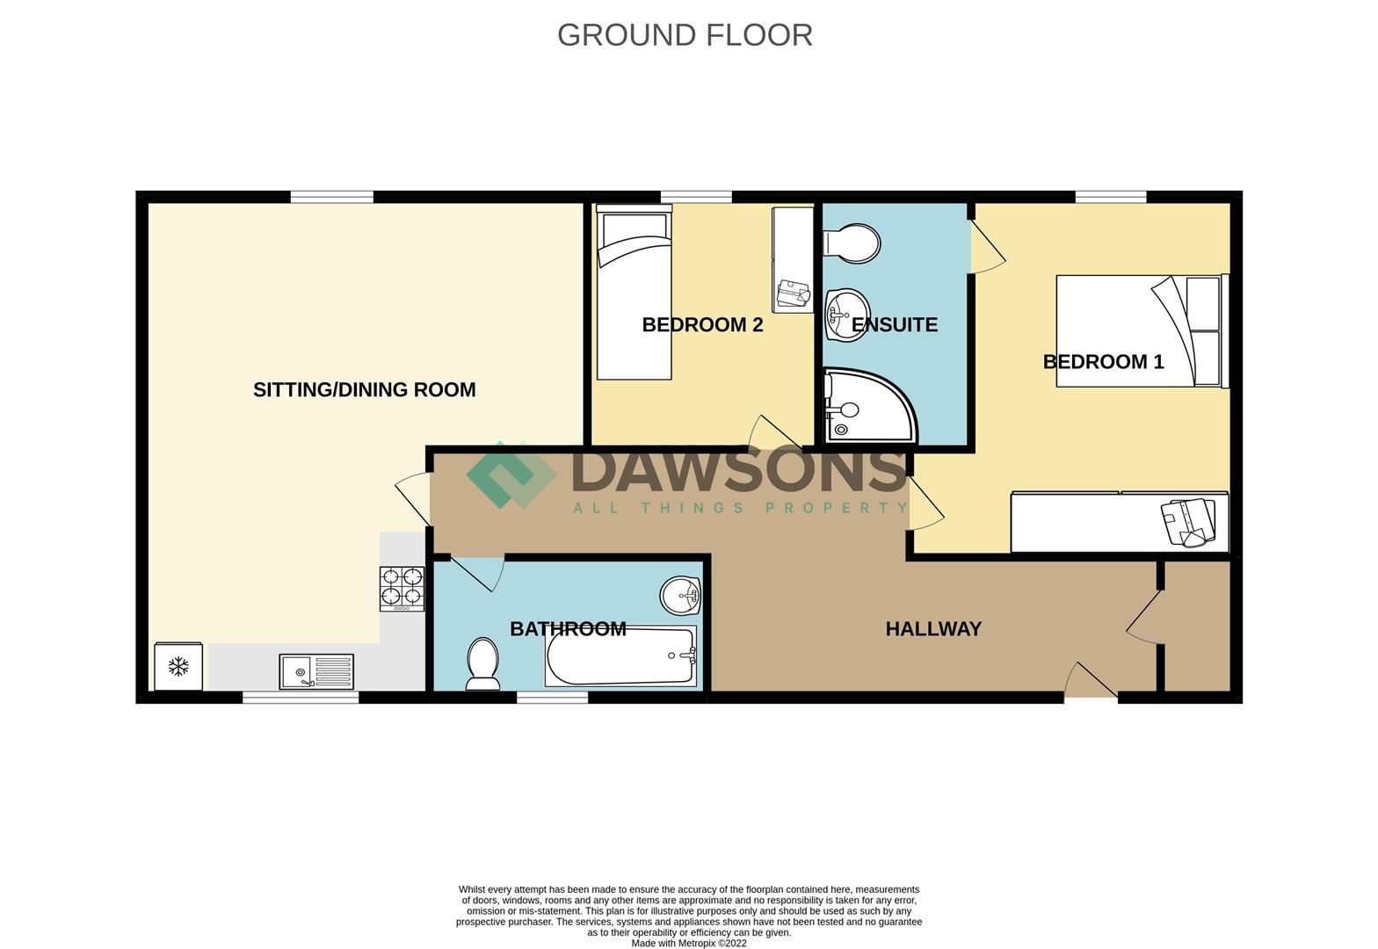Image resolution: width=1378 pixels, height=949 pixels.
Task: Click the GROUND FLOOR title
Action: tap(685, 35)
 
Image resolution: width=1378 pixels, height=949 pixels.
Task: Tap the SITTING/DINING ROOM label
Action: tap(364, 389)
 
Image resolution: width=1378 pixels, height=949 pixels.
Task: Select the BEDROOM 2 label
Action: tap(702, 325)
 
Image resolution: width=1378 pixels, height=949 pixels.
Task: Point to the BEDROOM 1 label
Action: tap(1103, 362)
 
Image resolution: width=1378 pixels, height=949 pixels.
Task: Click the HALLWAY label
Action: tap(933, 629)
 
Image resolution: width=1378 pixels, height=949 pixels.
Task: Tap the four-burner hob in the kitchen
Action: tap(402, 589)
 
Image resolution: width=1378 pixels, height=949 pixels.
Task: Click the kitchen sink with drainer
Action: tap(316, 672)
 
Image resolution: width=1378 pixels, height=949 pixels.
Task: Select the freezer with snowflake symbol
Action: tap(178, 667)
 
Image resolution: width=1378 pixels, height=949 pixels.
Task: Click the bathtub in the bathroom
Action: tap(620, 656)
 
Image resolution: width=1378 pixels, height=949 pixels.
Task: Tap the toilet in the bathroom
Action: tap(482, 663)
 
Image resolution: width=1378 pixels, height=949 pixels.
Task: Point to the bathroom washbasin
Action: tap(680, 596)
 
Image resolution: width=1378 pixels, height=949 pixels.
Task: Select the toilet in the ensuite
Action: tap(851, 243)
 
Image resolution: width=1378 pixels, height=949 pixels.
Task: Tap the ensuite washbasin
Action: tap(847, 315)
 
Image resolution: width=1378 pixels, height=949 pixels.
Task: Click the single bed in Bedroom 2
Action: tap(634, 293)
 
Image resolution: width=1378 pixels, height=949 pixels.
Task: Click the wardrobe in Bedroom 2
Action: tap(793, 260)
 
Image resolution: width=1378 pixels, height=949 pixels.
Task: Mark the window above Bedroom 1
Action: tap(1111, 197)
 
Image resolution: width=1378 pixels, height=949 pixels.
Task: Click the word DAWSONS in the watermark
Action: tap(738, 471)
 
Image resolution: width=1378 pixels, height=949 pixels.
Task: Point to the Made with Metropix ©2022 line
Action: tap(689, 944)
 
